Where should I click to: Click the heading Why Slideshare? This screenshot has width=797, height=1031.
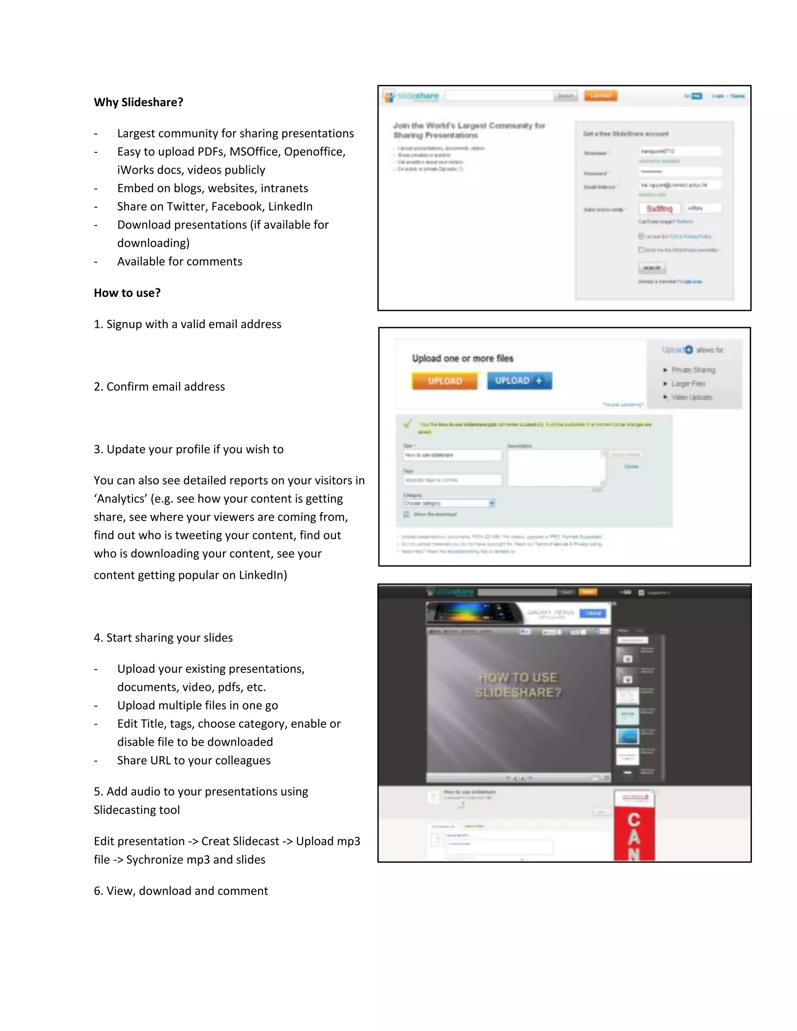coord(138,102)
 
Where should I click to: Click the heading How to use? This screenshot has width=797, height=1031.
coord(127,293)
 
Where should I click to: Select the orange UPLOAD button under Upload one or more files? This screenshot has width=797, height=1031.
coord(444,381)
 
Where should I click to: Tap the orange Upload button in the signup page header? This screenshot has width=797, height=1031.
coord(600,96)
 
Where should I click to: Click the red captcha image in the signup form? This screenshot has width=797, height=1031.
coord(659,209)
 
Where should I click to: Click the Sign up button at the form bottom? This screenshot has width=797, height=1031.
coord(652,268)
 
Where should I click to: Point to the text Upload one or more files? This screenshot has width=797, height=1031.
coord(462,358)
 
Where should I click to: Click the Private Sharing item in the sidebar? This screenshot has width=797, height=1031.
coord(693,370)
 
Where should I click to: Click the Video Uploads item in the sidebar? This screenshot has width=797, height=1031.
coord(691,398)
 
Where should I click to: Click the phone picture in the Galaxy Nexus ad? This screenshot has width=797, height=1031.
coord(474,613)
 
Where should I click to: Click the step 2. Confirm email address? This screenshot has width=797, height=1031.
coord(159,387)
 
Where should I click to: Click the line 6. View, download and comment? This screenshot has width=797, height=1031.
coord(181,891)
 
